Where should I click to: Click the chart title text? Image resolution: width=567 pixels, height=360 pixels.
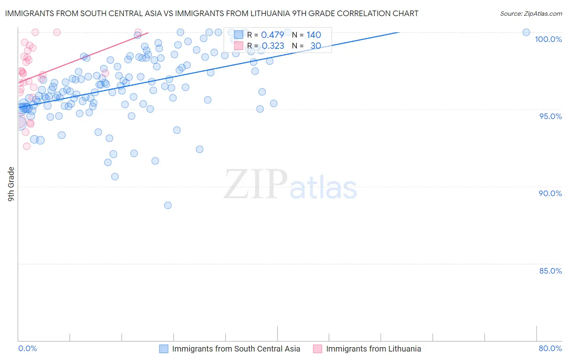point(212,13)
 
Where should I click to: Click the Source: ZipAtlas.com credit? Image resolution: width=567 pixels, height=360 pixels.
point(531,13)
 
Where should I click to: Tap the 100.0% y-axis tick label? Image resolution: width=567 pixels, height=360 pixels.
point(548,39)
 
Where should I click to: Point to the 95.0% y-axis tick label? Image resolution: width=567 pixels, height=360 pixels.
point(550,116)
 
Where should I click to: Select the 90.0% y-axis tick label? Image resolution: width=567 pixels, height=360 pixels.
point(550,193)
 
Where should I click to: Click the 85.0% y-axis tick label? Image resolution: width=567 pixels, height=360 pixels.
point(550,271)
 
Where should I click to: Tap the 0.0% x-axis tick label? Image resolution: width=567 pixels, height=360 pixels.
point(27,348)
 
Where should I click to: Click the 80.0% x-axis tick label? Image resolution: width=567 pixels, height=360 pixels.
point(550,348)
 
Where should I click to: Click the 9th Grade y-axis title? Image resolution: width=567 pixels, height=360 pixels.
point(11,184)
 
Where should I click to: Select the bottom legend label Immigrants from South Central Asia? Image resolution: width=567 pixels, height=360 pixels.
point(236,349)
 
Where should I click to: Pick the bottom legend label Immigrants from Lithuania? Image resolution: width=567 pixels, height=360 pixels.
point(373,349)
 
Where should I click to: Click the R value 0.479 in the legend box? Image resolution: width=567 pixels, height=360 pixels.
point(272,35)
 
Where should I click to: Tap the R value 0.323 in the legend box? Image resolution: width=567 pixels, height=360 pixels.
point(273,46)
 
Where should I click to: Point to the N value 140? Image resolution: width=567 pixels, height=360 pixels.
point(314,35)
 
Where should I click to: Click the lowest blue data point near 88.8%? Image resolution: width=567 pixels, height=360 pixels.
point(168,205)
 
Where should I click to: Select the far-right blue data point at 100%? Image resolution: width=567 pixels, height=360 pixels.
point(526,32)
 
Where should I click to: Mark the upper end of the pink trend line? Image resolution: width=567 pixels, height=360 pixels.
point(148,33)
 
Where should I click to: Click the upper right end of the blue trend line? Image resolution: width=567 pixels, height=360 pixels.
point(399,32)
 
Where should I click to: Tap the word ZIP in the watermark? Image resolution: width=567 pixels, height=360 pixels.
point(256,184)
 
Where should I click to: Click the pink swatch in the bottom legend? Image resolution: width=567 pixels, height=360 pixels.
point(318,349)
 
